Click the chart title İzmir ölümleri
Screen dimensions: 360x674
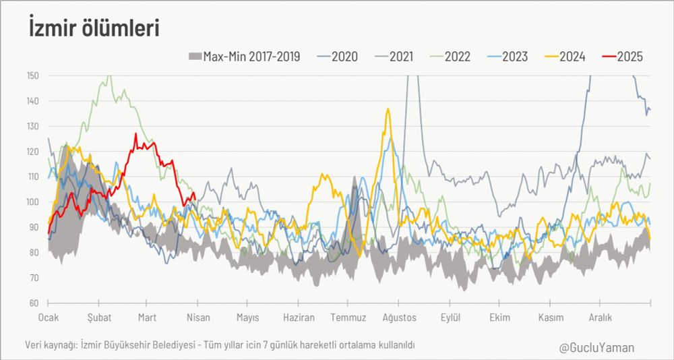point(94,28)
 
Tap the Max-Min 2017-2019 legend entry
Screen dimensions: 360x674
point(243,57)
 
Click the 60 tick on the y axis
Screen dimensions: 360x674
point(34,303)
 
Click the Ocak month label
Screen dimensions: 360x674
point(49,318)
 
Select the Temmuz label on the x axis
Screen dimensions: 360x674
point(348,318)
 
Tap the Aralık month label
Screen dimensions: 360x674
point(600,318)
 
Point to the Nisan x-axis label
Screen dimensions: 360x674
point(197,318)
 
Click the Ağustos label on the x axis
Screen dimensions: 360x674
point(399,318)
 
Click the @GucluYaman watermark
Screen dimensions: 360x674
point(596,348)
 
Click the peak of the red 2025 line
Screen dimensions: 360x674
point(135,134)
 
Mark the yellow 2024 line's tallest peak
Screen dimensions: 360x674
point(388,109)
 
